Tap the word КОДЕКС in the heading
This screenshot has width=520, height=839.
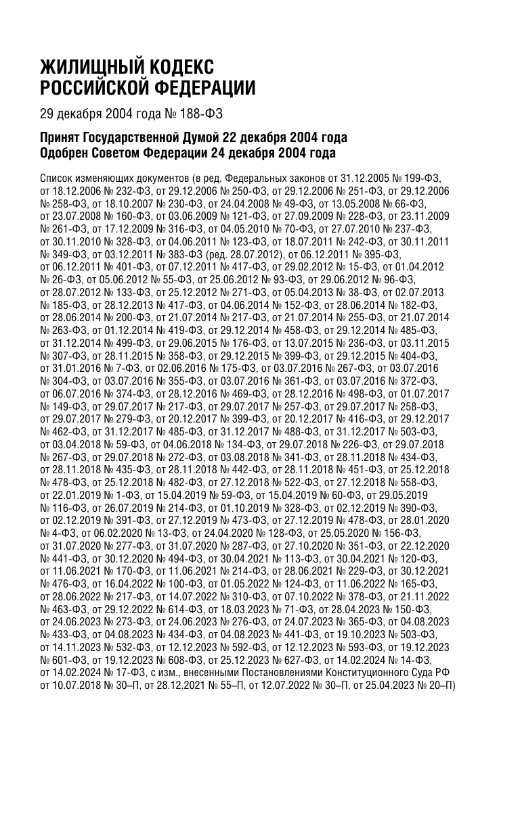(x=181, y=68)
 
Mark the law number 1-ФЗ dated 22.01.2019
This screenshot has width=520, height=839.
(x=122, y=494)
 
